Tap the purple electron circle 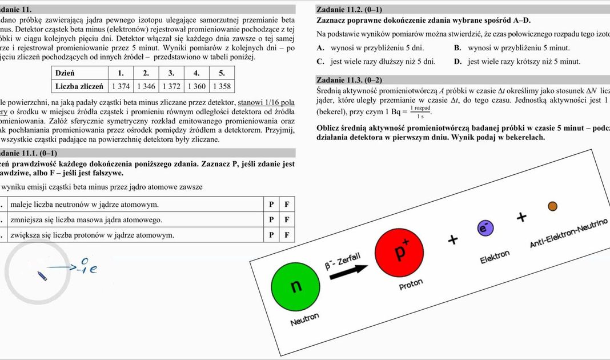pos(485,228)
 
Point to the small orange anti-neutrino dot pos(552,206)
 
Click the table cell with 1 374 pos(121,86)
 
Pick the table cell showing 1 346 pos(146,86)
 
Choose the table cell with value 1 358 pos(222,86)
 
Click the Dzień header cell pos(65,73)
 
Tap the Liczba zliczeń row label pos(79,86)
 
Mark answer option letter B pos(457,48)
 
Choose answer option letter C pos(320,62)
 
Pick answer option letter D pos(457,62)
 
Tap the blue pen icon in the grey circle pos(42,277)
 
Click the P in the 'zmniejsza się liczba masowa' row pos(272,219)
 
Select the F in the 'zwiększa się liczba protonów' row pos(287,235)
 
